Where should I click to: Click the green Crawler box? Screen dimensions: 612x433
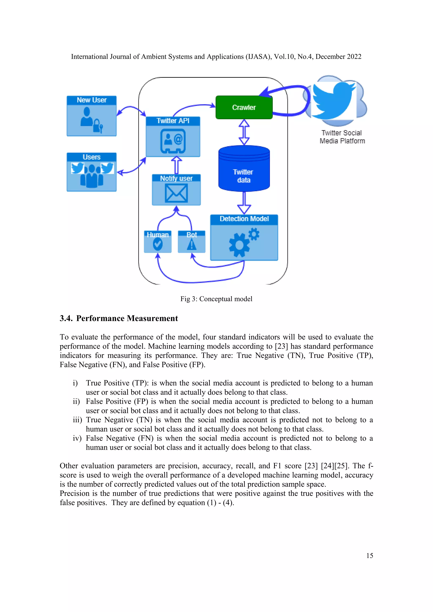pos(244,107)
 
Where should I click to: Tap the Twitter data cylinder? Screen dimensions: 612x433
pos(244,171)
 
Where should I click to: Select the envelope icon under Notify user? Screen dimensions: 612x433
pos(176,193)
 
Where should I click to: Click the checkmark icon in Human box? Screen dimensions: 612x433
pos(158,244)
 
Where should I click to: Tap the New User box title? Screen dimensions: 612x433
pos(92,100)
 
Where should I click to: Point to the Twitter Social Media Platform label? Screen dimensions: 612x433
pos(342,137)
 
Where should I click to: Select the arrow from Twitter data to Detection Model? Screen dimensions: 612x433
pos(244,203)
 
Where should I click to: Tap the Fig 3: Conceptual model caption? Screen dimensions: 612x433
pos(216,299)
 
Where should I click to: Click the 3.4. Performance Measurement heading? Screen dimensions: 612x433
pos(119,318)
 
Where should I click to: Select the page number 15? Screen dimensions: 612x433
pos(370,556)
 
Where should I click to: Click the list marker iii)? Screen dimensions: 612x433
pos(77,420)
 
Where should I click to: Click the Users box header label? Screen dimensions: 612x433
pos(92,157)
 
